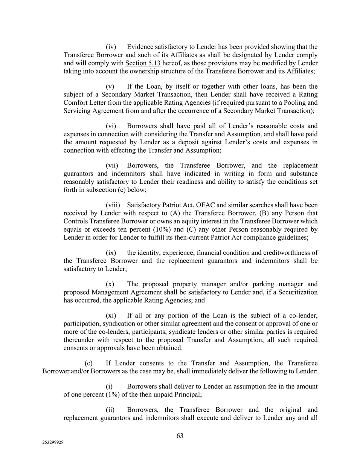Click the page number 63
(x=180, y=435)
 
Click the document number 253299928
(x=53, y=443)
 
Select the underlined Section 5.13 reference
(x=143, y=63)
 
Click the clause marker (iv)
(x=111, y=47)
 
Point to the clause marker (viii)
(x=113, y=205)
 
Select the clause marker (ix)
(x=111, y=252)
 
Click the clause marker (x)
(x=110, y=284)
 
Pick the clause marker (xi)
(x=111, y=316)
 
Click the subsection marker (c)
(x=88, y=363)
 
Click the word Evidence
(x=141, y=47)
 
